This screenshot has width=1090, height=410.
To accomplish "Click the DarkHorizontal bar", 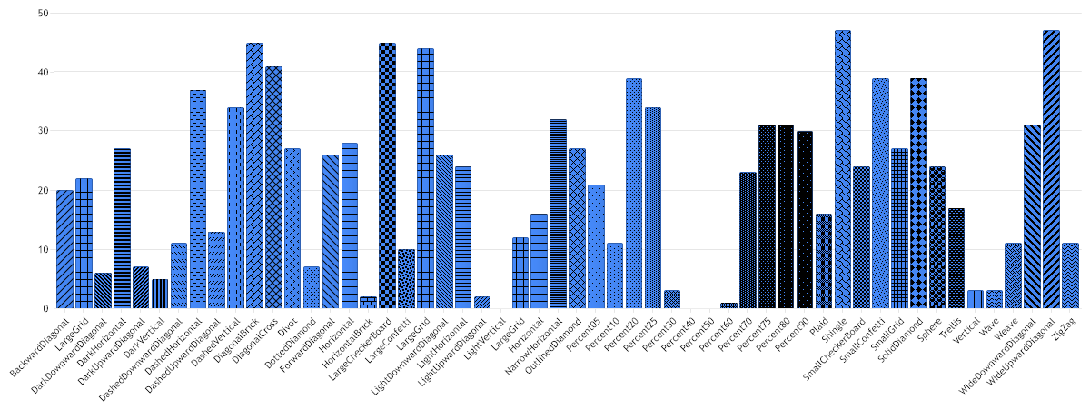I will (122, 228).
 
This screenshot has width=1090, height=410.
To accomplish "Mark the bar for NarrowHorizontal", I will (558, 214).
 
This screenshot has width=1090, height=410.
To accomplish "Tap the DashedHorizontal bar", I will (198, 199).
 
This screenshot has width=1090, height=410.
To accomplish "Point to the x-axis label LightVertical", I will (482, 335).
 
